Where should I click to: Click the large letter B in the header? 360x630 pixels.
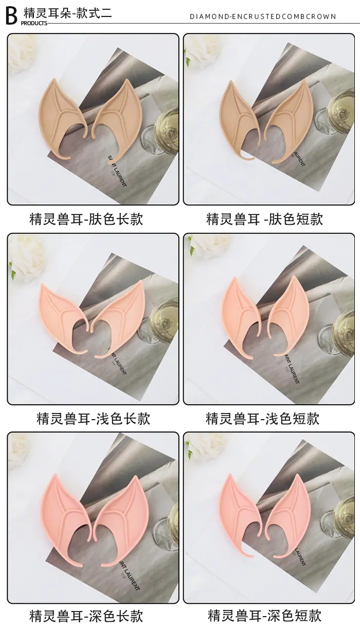[12, 16]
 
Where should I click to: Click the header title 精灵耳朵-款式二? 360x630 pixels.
[67, 13]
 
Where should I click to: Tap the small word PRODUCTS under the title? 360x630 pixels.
[34, 23]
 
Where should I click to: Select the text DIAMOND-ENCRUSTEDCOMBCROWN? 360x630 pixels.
[263, 16]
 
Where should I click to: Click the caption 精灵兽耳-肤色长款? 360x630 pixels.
[86, 219]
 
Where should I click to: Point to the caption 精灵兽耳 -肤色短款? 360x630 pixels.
[265, 219]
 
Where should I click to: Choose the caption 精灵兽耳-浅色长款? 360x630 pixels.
[94, 419]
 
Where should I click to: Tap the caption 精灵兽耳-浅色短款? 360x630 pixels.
[263, 419]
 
